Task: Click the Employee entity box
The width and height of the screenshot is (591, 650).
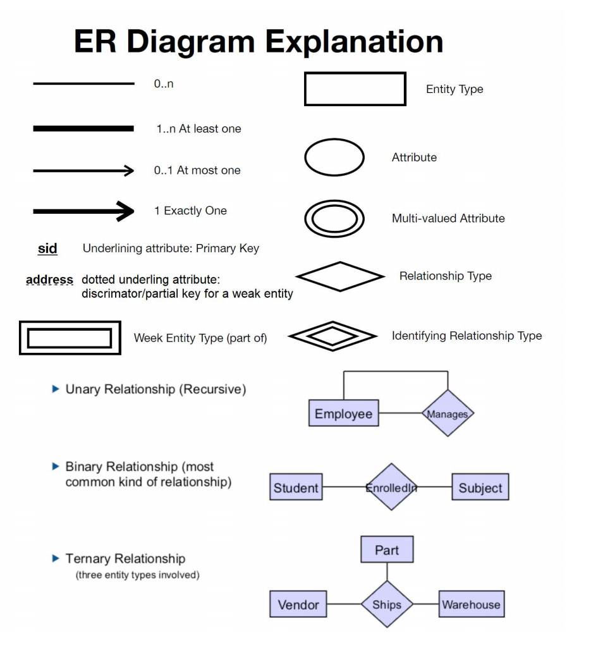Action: coord(344,413)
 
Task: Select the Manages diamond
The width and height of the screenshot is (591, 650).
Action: coord(448,413)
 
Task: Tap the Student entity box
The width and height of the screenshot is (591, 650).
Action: coord(296,487)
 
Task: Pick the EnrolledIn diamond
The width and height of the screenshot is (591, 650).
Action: coord(391,487)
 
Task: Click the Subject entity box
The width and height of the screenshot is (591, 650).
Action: coord(480,487)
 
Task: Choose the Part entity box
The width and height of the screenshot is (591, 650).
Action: coord(387,549)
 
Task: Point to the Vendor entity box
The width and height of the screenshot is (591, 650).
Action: coord(298,604)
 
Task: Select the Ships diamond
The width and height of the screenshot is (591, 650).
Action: coord(387,604)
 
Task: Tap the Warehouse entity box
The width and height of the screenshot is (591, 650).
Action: coord(472,604)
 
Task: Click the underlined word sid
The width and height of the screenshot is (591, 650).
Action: coord(47,248)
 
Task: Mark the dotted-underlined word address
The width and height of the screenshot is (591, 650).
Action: coord(49,280)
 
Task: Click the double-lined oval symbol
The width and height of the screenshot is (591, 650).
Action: coord(334,219)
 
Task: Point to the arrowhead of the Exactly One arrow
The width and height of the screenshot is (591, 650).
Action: coord(127,211)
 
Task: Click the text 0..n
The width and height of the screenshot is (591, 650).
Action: coord(164,83)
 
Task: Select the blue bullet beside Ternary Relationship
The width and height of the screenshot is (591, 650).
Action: coord(56,558)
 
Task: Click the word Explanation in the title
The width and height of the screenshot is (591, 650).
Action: coord(354,42)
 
